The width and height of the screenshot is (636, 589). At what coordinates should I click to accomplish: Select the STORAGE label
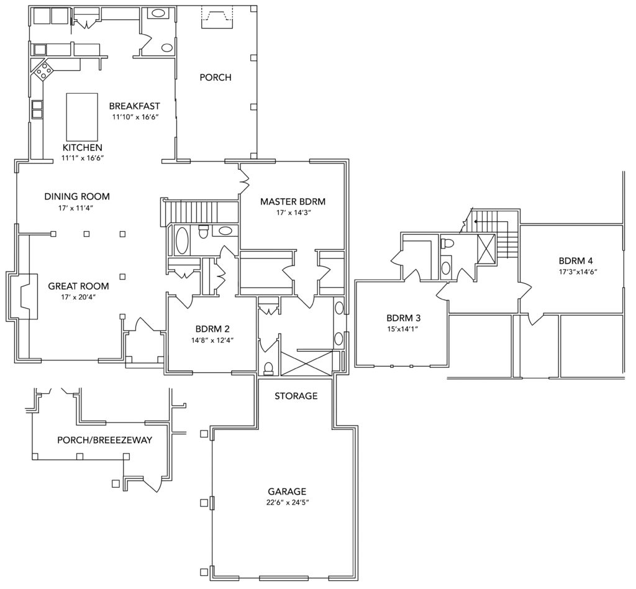[x=296, y=396]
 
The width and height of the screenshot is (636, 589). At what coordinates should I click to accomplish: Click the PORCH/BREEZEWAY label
[x=104, y=440]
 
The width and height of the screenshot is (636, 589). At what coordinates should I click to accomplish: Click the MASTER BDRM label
[x=293, y=201]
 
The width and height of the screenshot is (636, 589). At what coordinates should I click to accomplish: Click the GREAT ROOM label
[x=78, y=286]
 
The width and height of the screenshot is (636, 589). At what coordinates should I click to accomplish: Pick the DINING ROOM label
[x=77, y=197]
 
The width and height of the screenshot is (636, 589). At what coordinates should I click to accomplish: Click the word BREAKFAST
[x=135, y=106]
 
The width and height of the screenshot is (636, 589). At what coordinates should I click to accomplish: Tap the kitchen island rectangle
[x=82, y=116]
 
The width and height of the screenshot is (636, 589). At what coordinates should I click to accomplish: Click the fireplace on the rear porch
[x=216, y=19]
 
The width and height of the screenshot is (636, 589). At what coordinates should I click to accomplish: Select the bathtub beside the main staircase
[x=181, y=241]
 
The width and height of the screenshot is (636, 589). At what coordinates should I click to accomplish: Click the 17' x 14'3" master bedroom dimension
[x=293, y=212]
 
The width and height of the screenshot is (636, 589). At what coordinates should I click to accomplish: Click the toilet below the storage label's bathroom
[x=268, y=368]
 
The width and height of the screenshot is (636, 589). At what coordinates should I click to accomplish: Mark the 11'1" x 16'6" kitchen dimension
[x=82, y=158]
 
